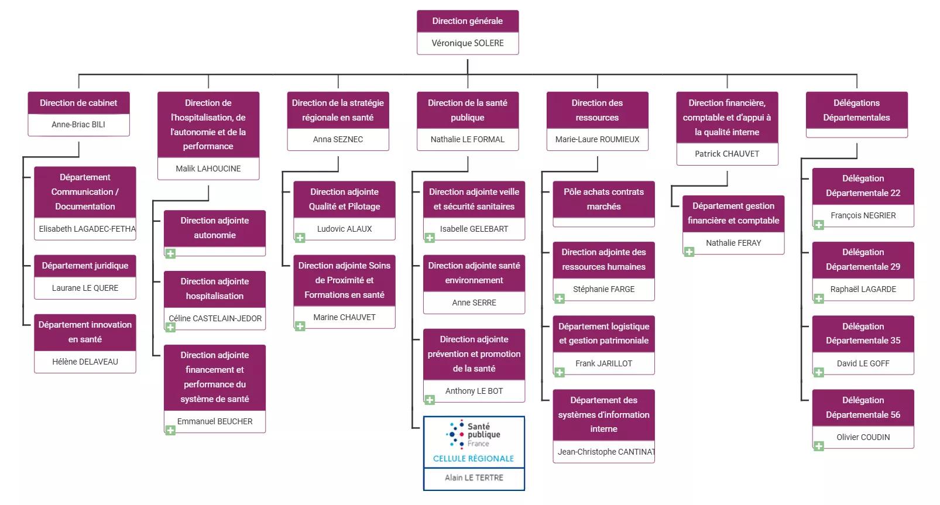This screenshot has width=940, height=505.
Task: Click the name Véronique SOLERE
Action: point(467,43)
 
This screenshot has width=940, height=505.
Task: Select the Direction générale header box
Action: point(467,21)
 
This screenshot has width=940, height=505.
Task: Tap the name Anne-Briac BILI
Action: point(78,125)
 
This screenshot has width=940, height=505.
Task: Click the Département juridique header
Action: point(85,266)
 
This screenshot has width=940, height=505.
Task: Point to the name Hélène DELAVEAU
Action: point(85,362)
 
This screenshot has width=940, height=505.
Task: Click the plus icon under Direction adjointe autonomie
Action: point(170,253)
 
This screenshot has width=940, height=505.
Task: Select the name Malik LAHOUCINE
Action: point(208,169)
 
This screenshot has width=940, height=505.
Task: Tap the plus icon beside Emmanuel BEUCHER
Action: point(170,431)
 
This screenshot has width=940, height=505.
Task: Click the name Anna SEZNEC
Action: point(338,139)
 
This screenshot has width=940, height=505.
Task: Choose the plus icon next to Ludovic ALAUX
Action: point(300,238)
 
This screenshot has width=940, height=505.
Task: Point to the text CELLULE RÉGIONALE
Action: point(474,459)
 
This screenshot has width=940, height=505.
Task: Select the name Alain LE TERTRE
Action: point(474,477)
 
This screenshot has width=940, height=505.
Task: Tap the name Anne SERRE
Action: point(474,303)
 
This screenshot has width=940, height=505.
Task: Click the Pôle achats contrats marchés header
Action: point(603,199)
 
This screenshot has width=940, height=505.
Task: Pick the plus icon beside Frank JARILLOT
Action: point(560,372)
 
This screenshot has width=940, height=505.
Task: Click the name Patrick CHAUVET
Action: point(726,154)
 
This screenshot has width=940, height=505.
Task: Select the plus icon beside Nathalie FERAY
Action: point(689,252)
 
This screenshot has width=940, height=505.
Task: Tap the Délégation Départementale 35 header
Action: point(863,334)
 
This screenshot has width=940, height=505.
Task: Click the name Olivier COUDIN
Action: point(863,437)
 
